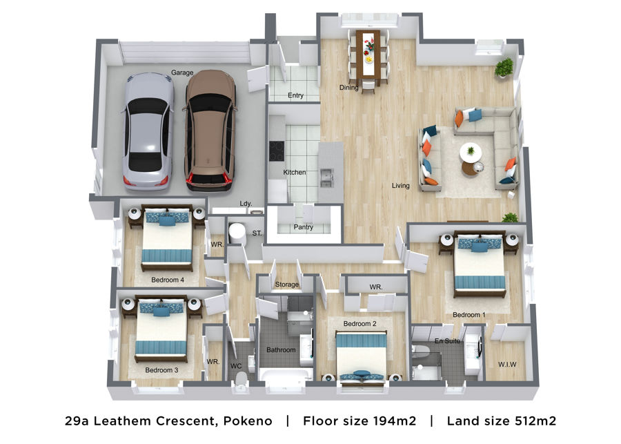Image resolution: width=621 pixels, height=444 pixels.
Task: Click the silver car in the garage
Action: click(x=148, y=131)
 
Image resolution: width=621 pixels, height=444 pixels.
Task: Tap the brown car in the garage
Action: click(x=210, y=130)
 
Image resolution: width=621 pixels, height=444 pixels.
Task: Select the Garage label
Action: click(x=182, y=73)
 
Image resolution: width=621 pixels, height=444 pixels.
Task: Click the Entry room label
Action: click(x=295, y=95)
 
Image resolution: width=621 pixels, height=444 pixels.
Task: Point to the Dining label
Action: click(x=349, y=87)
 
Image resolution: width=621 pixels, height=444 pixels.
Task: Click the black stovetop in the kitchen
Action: click(x=277, y=151)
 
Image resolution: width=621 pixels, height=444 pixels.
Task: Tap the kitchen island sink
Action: click(x=327, y=178)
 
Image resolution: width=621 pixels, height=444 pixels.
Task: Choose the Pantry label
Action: click(x=304, y=227)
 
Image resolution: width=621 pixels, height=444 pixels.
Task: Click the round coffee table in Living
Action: click(x=471, y=152)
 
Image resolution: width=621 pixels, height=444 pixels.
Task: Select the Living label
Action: click(x=400, y=186)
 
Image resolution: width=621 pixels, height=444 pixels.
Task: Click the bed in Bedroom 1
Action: click(x=480, y=264)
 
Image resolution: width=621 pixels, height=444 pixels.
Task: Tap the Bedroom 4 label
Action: click(x=168, y=280)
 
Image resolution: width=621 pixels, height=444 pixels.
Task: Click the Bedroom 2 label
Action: click(x=359, y=323)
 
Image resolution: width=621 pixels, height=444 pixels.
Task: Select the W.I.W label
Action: click(x=507, y=365)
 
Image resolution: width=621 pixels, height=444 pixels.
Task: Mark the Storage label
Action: click(x=287, y=284)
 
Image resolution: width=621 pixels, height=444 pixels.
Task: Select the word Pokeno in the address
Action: click(x=248, y=421)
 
